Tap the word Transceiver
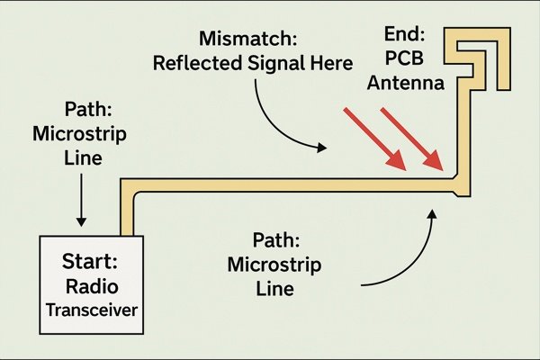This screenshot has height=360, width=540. click(92, 310)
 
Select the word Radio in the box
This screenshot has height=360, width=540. click(92, 286)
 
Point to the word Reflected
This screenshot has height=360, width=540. click(197, 63)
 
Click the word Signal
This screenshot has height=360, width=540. click(276, 64)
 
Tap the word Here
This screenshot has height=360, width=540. click(331, 63)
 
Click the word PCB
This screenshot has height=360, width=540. click(404, 58)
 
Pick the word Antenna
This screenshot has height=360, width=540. click(405, 83)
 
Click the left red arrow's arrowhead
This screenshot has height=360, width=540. click(397, 161)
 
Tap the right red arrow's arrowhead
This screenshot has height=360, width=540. click(433, 161)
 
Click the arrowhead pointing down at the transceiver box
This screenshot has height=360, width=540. click(81, 221)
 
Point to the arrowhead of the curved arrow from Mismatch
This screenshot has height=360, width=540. click(322, 148)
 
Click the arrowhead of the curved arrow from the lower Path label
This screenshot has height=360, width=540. click(433, 213)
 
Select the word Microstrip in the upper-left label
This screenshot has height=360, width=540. click(79, 134)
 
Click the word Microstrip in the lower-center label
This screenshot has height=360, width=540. click(274, 265)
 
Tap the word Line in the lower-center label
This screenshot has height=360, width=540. click(274, 289)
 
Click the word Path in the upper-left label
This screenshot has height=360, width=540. click(88, 110)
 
